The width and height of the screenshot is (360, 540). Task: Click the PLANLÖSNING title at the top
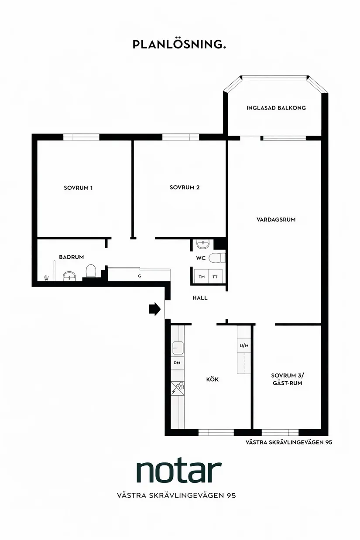[x=179, y=44]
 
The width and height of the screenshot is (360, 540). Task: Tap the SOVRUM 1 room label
[x=78, y=188]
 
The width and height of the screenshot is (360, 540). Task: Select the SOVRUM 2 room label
[x=185, y=187]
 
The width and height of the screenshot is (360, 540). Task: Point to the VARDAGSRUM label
[x=276, y=219]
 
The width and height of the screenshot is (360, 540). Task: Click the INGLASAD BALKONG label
[x=276, y=108]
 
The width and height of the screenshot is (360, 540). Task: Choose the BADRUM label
[x=72, y=257]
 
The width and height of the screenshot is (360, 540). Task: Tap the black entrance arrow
[x=154, y=309]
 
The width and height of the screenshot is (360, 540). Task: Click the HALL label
[x=200, y=298]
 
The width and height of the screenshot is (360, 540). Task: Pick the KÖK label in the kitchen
[x=213, y=379]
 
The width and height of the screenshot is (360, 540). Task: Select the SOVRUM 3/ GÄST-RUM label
[x=288, y=379]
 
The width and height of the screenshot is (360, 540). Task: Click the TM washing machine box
[x=202, y=276]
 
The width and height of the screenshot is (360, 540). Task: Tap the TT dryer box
[x=215, y=276]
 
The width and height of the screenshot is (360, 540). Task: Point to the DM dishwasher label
[x=177, y=362]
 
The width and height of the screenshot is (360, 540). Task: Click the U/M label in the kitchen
[x=244, y=346]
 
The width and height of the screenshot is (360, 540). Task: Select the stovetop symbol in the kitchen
[x=178, y=388]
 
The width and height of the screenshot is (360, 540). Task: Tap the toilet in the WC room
[x=217, y=258]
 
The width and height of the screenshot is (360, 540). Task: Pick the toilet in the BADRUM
[x=91, y=271]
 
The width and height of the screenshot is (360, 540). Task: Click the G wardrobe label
[x=140, y=276]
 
